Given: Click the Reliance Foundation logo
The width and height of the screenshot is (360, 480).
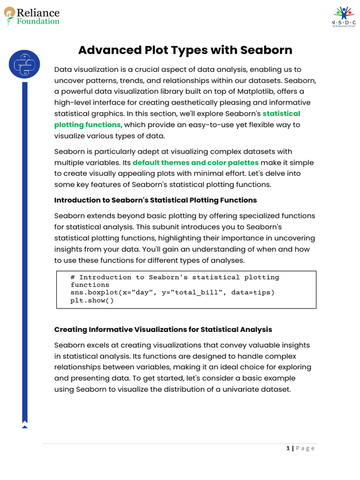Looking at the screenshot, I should tap(32, 16).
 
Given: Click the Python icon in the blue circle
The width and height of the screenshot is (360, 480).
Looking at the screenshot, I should tap(24, 65).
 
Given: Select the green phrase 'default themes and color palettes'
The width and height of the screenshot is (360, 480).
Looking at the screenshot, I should tap(195, 163).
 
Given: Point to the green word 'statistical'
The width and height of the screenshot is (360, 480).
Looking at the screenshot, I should tap(281, 113).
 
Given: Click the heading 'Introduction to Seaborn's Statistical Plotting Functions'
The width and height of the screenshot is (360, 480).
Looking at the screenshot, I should tap(156, 200).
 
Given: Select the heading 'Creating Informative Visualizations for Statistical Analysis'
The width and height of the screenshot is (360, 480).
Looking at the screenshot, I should tap(163, 330).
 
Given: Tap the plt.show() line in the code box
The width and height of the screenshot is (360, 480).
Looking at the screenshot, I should tap(92, 300).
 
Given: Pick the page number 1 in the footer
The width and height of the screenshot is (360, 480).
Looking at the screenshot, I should tap(288, 448).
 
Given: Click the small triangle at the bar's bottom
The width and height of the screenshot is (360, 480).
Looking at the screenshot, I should tap(25, 426).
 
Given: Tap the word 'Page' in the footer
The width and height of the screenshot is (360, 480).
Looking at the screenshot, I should tap(305, 448).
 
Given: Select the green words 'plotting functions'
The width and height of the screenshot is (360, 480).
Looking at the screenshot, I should tap(88, 125).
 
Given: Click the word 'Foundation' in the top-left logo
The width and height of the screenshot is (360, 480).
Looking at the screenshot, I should tap(38, 21).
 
